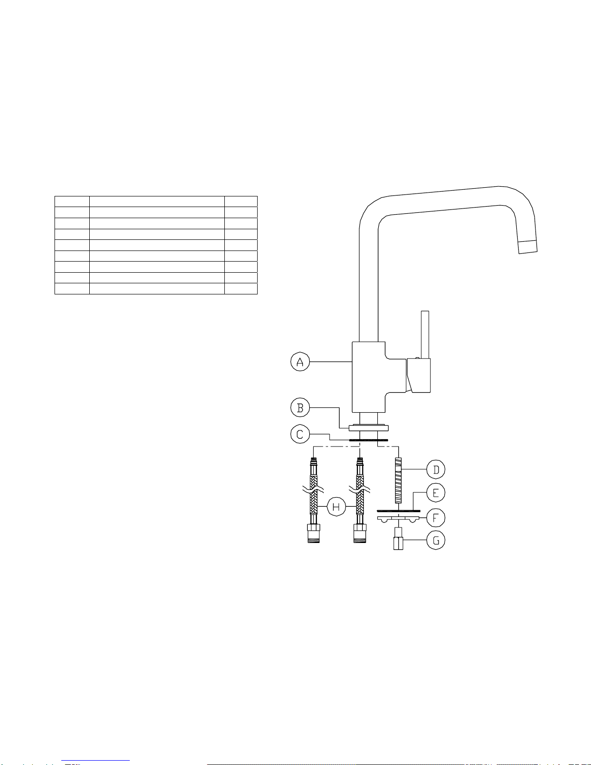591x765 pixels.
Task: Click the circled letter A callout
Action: click(300, 362)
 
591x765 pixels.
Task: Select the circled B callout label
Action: click(300, 408)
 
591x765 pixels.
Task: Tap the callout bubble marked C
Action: click(300, 434)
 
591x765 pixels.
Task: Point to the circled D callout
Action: click(436, 470)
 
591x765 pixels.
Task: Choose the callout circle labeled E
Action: click(436, 493)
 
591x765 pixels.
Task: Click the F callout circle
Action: click(436, 518)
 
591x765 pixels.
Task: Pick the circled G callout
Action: click(436, 540)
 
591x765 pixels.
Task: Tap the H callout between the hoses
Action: click(336, 507)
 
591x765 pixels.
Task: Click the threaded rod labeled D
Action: click(398, 480)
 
